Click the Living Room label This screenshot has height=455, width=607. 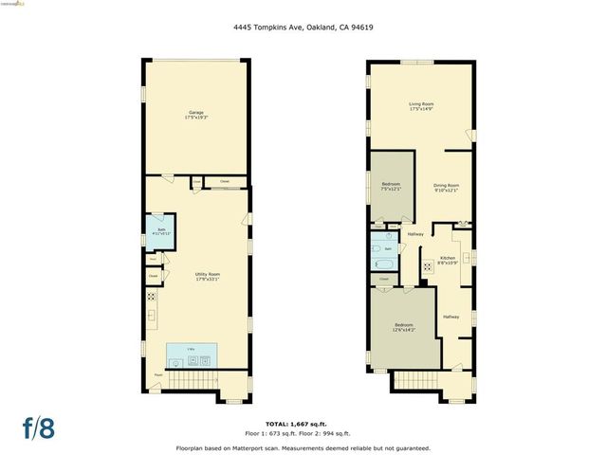[x=421, y=106]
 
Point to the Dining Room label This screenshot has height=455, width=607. [x=447, y=188]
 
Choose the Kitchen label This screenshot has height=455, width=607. [x=448, y=260]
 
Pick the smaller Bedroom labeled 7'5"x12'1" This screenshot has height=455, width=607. [x=391, y=186]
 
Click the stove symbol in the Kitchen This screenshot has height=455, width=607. [x=427, y=264]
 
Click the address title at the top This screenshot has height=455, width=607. [x=303, y=27]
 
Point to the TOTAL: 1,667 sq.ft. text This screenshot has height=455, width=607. [x=303, y=423]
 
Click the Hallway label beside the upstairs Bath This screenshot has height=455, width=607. [x=415, y=234]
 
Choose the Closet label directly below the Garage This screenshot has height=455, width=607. [x=224, y=180]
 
